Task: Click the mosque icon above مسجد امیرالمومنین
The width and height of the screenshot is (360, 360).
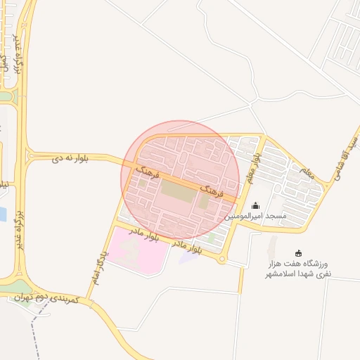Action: [255, 205]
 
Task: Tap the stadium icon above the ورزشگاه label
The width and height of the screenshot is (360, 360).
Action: [298, 253]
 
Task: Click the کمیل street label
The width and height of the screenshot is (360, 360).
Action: [5, 62]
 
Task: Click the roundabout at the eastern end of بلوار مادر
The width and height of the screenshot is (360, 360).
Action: [223, 260]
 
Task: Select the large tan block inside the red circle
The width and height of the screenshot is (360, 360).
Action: [176, 189]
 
